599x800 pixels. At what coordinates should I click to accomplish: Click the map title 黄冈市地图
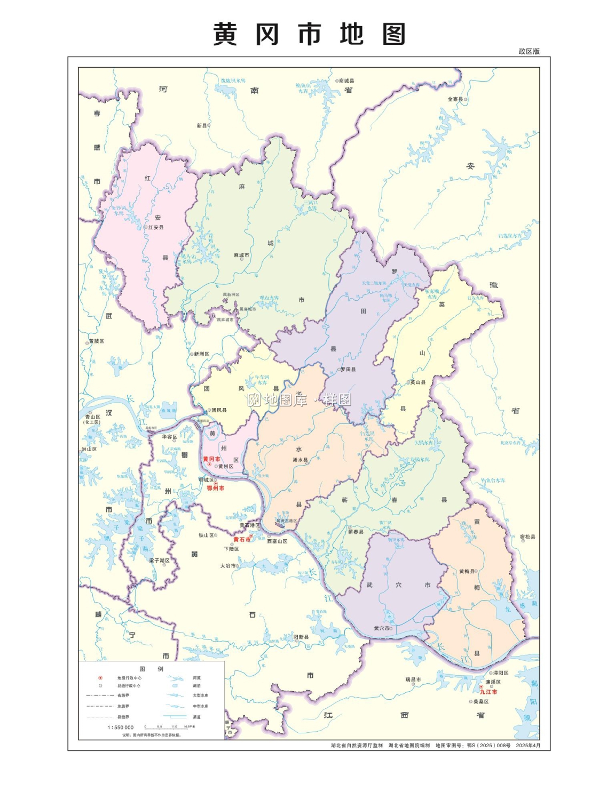pos(309,34)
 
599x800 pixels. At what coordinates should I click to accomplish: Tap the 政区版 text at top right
pos(529,51)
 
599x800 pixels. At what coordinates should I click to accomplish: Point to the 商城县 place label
pos(346,81)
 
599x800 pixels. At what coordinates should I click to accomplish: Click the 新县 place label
pos(201,125)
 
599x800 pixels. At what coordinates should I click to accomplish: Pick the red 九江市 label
pos(488,692)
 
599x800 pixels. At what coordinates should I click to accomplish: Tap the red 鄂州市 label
pos(215,488)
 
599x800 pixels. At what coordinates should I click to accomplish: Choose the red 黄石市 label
pos(241,540)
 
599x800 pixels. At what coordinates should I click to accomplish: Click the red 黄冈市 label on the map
pos(211,459)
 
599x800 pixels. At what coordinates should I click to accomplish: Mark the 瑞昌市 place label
pos(413,679)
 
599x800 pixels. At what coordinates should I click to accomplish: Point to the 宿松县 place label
pos(527,537)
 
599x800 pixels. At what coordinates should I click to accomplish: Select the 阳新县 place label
pos(301,637)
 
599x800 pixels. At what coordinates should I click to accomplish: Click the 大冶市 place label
pos(228,565)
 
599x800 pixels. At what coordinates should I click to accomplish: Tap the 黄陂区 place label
pos(97,341)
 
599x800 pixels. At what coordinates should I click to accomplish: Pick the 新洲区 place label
pos(201,354)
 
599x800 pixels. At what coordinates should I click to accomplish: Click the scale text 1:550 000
pos(121,727)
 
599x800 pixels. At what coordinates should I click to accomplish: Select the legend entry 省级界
pos(123,695)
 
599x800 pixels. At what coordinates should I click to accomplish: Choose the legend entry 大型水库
pos(201,695)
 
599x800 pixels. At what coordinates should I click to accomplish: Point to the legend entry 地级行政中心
pos(129,678)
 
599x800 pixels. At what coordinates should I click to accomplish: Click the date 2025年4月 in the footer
pos(528,745)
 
